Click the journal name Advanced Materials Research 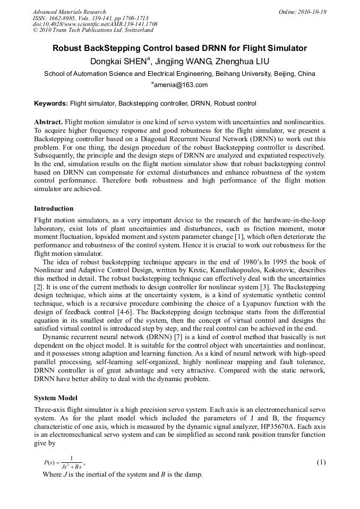69,12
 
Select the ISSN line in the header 90,18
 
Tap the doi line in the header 95,24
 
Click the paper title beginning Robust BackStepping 179,48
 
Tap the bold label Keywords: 51,103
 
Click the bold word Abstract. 49,122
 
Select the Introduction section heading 54,209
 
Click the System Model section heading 56,398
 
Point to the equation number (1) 321,462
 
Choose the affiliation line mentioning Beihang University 179,74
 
